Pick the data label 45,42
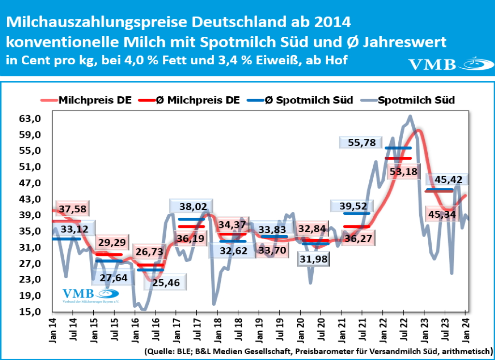449,180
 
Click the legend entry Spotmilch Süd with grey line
416,100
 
